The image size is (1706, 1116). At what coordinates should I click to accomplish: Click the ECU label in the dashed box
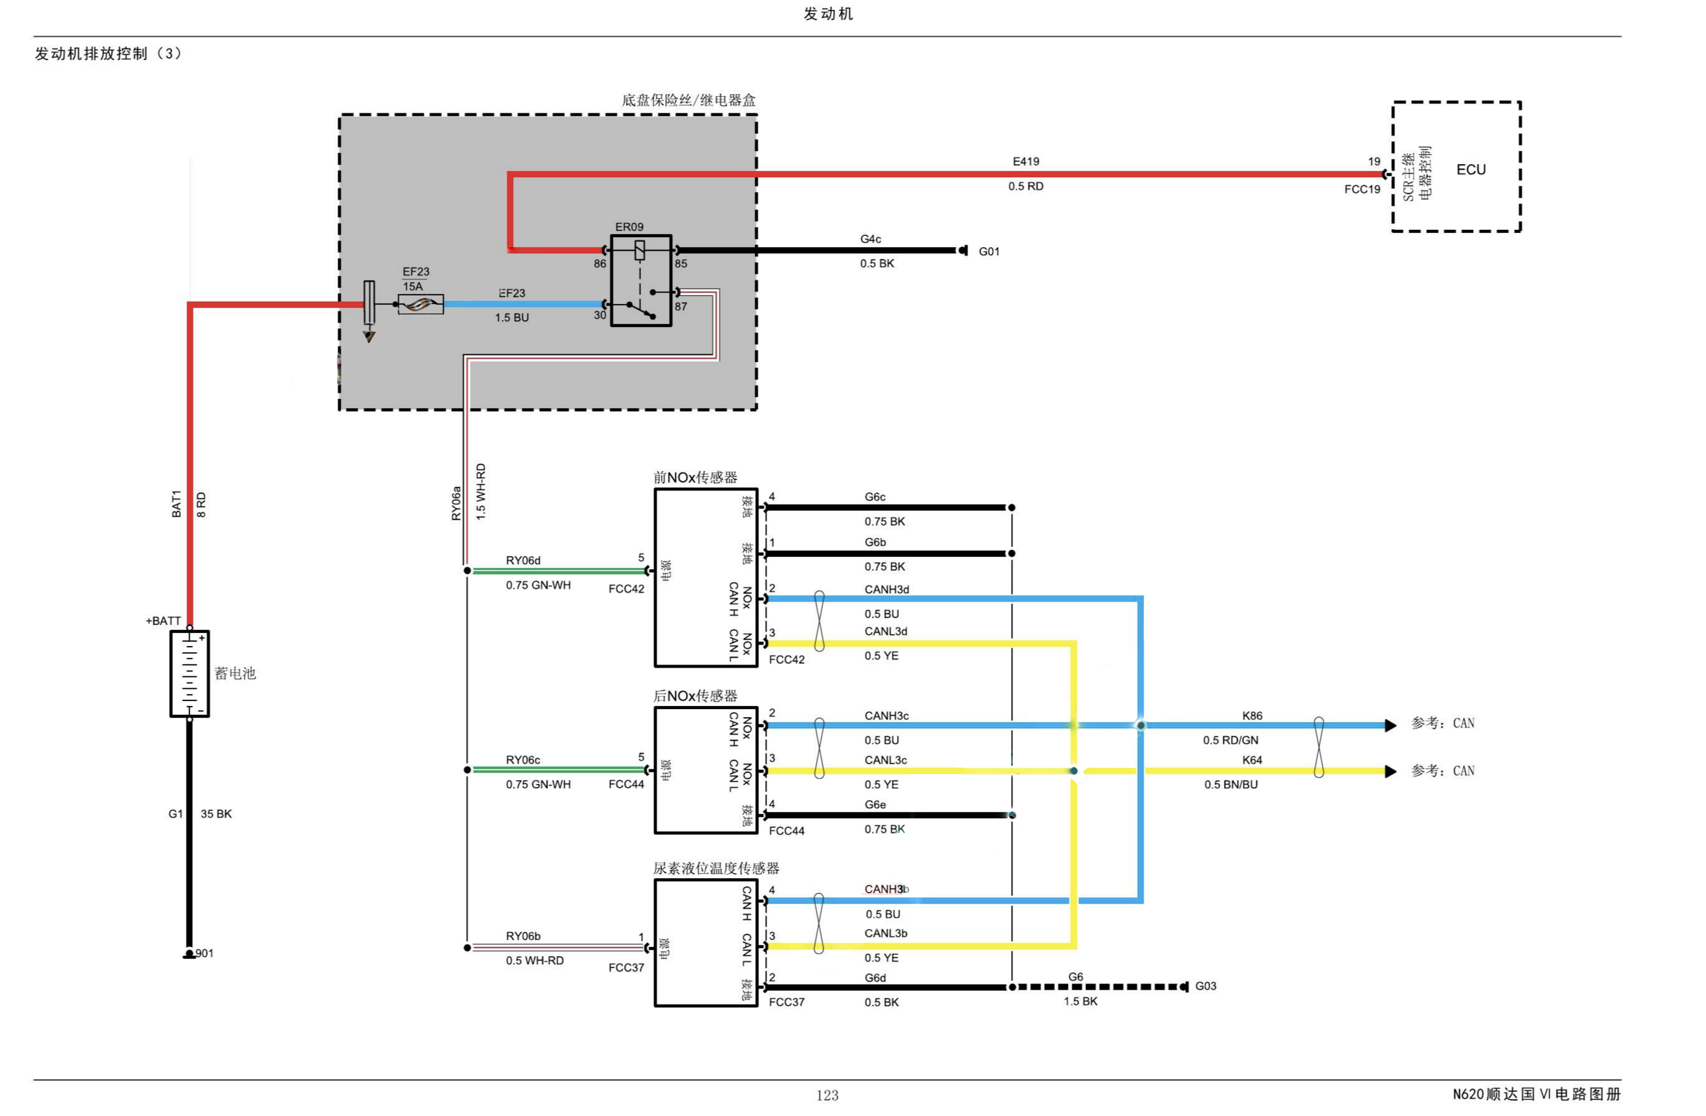point(1470,170)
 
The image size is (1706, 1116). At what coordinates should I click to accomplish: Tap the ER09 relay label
point(629,227)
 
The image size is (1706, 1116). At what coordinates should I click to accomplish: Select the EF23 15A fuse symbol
point(420,305)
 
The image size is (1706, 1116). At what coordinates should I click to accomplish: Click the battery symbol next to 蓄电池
point(189,673)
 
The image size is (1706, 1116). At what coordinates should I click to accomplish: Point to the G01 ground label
point(989,251)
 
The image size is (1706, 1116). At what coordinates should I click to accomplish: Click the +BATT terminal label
point(163,621)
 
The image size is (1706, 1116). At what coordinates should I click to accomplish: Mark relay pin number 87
point(680,307)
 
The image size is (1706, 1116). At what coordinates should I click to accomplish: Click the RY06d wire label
point(523,560)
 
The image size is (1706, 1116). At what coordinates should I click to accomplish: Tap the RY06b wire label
point(523,936)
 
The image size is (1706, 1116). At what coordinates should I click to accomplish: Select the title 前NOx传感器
point(694,477)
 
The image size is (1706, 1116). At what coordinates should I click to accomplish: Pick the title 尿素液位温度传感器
point(715,868)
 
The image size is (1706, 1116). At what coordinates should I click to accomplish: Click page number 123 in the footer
point(827,1094)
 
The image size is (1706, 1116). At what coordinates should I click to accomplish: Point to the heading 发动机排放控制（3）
point(108,54)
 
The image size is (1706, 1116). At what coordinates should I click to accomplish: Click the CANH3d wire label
point(886,589)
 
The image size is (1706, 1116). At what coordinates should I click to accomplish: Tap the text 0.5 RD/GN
point(1230,739)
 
